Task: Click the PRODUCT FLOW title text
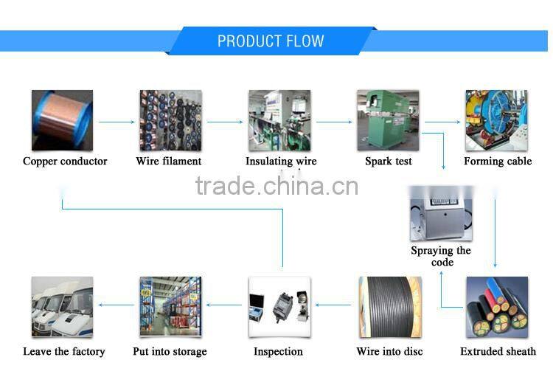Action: click(271, 41)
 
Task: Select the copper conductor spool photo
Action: click(62, 120)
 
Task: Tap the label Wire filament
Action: click(169, 161)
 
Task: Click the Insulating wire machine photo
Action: click(279, 120)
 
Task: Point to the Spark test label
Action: click(389, 161)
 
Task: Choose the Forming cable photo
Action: click(496, 120)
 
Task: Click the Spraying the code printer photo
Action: click(441, 213)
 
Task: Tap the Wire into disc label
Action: click(389, 351)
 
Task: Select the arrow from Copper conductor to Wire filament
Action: click(116, 122)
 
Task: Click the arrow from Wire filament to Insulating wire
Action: click(225, 122)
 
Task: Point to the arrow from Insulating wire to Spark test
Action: click(334, 122)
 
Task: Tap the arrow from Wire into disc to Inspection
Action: click(333, 305)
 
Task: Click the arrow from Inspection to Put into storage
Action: click(224, 305)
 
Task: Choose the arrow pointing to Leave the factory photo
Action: click(116, 305)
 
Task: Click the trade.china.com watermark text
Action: click(276, 186)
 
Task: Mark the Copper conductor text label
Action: click(65, 161)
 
